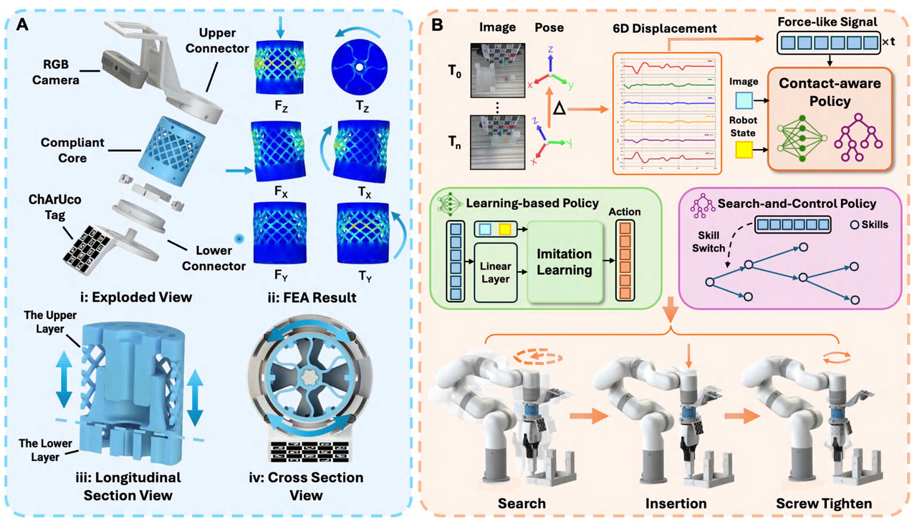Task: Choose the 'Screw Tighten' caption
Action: coord(823,503)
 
